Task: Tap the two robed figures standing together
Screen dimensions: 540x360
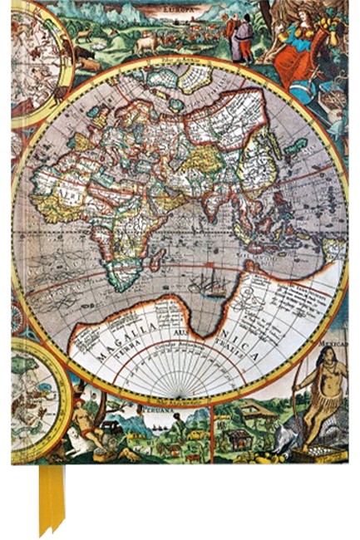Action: tap(239, 37)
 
